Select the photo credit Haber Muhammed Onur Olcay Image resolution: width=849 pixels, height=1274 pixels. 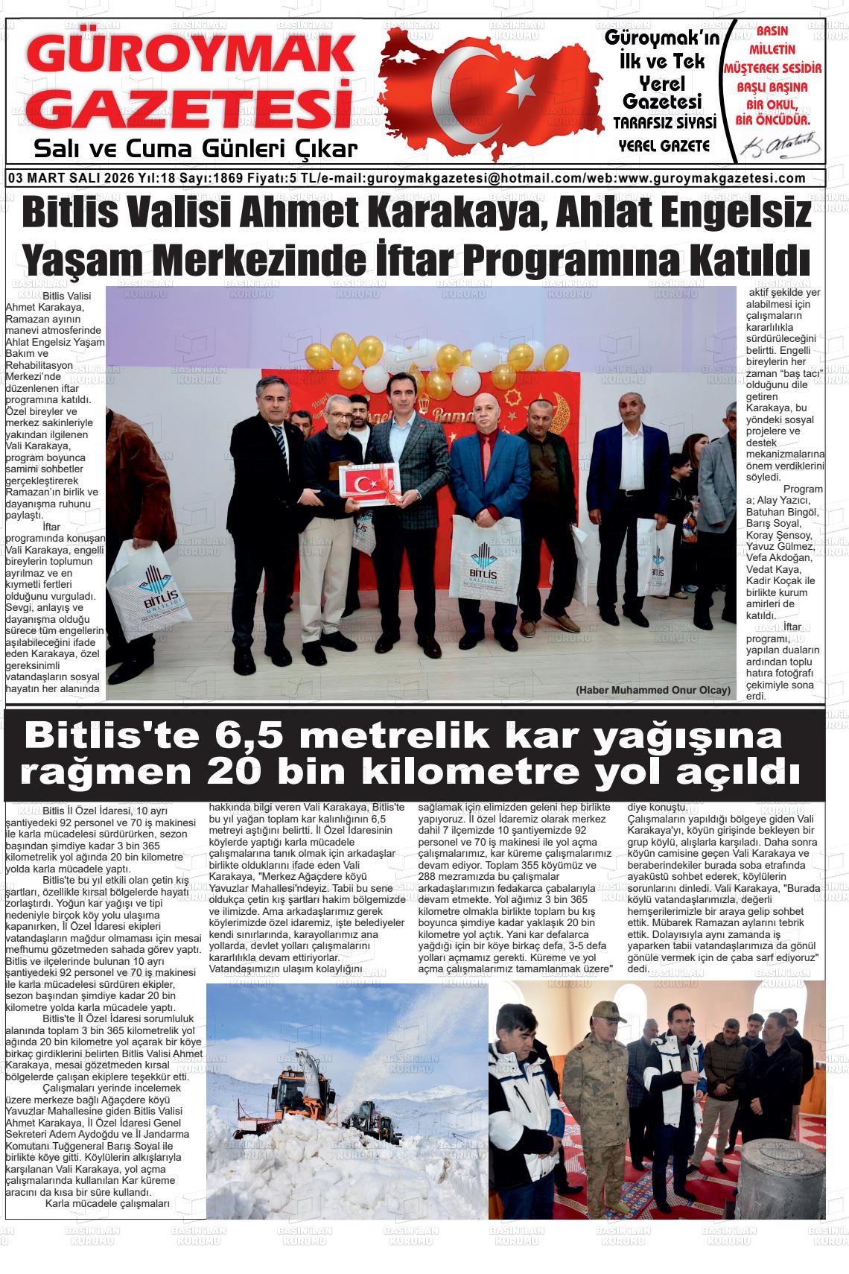coord(652,690)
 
